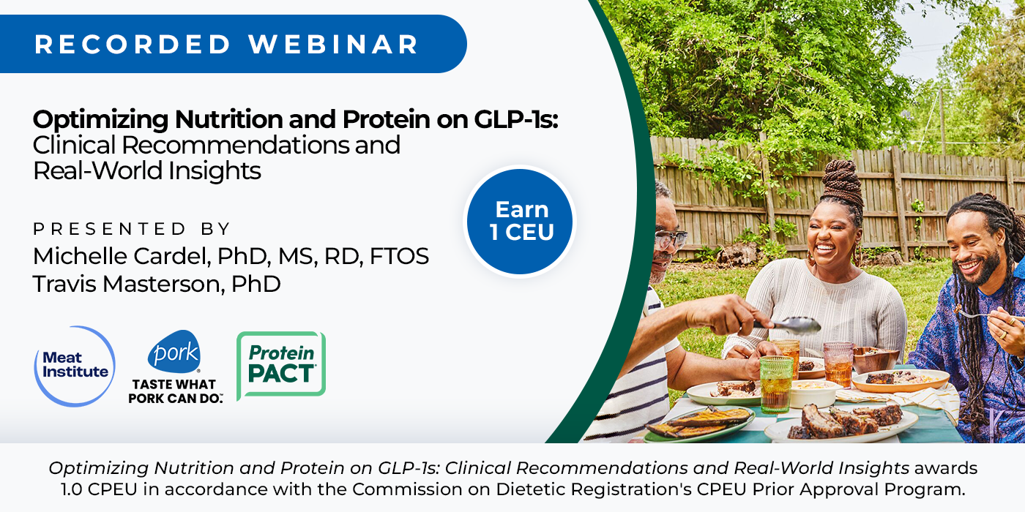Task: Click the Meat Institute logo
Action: pos(75,366)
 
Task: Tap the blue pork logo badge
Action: pos(174,351)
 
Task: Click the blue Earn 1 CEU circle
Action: pos(520,222)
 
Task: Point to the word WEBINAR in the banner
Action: pos(334,45)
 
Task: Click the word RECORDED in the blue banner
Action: pos(133,45)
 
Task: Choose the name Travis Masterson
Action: pos(128,284)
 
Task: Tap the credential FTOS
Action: pos(399,256)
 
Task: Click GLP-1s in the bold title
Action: pos(515,119)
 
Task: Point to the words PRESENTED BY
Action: pos(131,228)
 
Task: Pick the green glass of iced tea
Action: pos(776,384)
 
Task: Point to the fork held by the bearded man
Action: pos(980,315)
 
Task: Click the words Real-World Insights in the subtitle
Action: pos(147,171)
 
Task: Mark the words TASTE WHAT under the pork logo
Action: pos(174,384)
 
